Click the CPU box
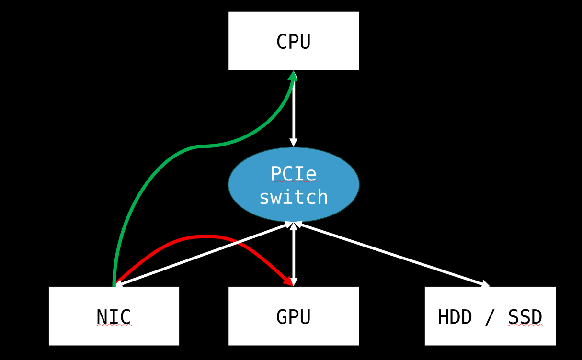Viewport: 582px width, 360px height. (x=294, y=41)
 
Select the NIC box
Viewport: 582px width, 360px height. (x=114, y=316)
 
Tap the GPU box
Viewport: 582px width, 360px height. (x=294, y=316)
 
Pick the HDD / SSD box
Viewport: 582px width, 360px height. (x=491, y=316)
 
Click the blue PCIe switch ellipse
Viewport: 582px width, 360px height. (x=294, y=184)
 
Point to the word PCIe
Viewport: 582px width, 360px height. (x=294, y=173)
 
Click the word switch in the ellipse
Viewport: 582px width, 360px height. (x=294, y=197)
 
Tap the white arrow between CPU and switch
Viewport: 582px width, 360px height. (x=294, y=109)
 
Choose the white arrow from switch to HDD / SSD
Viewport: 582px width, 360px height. (x=392, y=254)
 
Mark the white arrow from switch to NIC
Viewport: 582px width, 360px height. (x=204, y=254)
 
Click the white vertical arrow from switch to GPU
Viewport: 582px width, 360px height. (x=294, y=255)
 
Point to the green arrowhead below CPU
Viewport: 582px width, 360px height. (x=293, y=76)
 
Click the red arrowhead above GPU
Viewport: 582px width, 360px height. (x=289, y=281)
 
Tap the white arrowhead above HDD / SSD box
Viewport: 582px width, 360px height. (x=485, y=284)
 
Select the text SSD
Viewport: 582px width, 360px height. (x=525, y=317)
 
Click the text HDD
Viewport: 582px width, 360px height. (x=455, y=317)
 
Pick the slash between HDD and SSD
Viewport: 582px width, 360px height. (x=490, y=317)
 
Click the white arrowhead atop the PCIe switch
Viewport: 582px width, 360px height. (x=294, y=142)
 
